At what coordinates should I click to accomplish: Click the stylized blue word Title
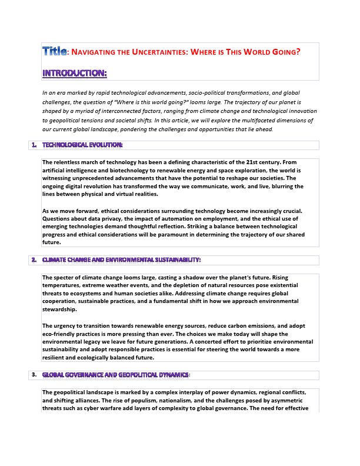click(x=55, y=51)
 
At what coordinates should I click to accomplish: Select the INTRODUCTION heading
click(x=74, y=73)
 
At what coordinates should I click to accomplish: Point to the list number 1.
click(x=34, y=144)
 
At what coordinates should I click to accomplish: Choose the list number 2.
click(x=34, y=259)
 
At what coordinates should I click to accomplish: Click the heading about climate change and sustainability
click(x=121, y=260)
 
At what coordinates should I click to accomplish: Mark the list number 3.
click(x=34, y=374)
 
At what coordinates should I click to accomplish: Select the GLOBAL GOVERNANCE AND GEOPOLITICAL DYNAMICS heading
click(x=115, y=375)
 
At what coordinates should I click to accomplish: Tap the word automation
click(x=190, y=219)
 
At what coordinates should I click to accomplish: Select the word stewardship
click(x=59, y=309)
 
